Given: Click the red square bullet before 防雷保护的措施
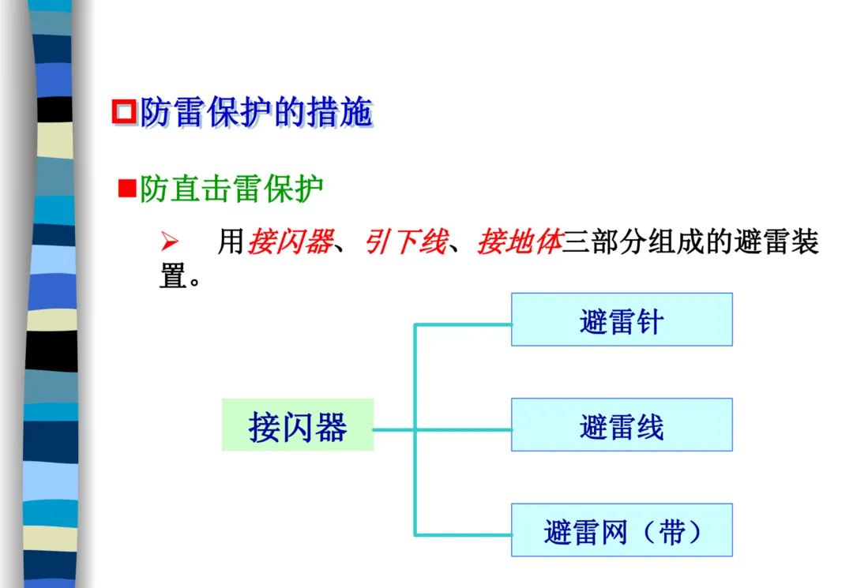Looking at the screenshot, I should coord(124,112).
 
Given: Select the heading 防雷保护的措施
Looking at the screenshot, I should coord(256,114).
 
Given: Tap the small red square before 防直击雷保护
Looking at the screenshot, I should coord(126,189).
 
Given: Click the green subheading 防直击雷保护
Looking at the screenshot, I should coord(231,189).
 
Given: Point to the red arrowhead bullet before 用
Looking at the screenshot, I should coord(167,242).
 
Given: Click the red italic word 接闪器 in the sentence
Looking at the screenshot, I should coord(290,242).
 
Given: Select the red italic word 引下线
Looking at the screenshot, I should coord(405,242).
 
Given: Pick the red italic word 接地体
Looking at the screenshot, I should coord(519,242).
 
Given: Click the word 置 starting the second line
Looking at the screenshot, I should coord(172,275).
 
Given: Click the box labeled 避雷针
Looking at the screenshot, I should coord(622,320).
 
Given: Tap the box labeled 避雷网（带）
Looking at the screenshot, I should coord(622,530).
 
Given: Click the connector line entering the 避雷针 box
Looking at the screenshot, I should coord(466,324).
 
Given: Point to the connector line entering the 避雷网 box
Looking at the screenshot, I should coord(466,535).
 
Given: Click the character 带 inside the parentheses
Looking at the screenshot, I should coord(672,531).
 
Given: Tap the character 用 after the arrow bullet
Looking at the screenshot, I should coord(231,242).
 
